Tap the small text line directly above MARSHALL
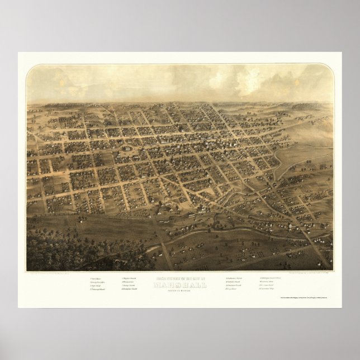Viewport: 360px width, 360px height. point(180,277)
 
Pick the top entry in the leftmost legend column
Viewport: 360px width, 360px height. point(97,278)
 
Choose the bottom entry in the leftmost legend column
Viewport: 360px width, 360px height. point(100,290)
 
